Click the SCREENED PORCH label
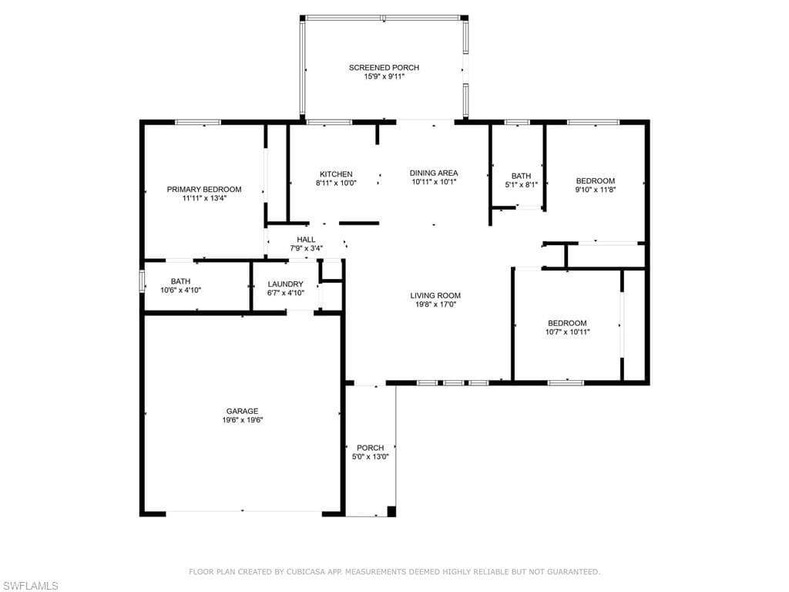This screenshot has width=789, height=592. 384,68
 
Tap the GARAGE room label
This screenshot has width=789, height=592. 242,412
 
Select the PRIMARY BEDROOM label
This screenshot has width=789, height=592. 204,190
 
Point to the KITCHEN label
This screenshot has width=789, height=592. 336,174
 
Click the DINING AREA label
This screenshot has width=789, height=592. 434,173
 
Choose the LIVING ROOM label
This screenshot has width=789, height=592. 435,295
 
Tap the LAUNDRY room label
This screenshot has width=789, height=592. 285,284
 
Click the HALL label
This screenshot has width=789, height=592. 306,240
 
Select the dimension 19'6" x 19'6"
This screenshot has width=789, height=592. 242,420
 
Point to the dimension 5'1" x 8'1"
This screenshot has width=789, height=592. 522,185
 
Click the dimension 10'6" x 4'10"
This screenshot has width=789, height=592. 180,291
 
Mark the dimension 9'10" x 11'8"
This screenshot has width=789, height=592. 596,190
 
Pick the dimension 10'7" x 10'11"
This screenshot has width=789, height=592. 567,332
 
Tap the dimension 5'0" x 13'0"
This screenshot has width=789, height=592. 371,457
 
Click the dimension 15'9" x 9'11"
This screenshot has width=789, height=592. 384,76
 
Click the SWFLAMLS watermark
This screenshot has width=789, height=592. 29,586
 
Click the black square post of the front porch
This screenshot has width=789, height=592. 391,511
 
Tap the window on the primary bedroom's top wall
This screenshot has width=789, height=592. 198,122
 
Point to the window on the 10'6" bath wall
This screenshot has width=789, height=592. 142,281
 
